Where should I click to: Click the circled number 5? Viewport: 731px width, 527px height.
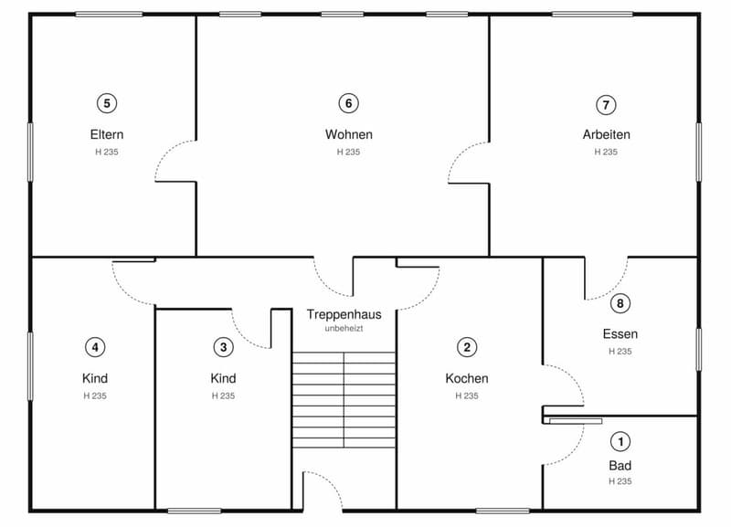pos(107,103)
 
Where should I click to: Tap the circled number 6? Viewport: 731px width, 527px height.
pos(348,103)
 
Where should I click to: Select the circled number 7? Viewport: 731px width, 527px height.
pos(606,105)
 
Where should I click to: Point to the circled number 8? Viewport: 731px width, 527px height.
pos(620,303)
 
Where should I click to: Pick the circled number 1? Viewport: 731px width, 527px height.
pos(620,441)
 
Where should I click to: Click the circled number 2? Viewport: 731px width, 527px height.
pos(467,347)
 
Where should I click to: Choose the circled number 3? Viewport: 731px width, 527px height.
pos(223,347)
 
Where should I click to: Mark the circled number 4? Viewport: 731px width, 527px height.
pos(95,347)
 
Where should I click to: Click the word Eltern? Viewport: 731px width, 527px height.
pos(107,134)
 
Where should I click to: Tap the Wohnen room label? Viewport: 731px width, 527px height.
pos(349,134)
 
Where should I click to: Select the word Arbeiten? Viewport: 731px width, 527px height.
pos(606,134)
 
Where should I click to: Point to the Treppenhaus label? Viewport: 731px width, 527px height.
pos(344,315)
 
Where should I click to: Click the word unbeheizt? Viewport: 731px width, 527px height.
pos(344,329)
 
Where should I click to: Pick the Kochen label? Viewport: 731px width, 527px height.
pos(467,378)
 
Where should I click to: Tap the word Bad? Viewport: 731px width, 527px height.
pos(620,466)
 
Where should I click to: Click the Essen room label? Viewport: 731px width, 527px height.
pos(620,334)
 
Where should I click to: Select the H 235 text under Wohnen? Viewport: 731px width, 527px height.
pos(349,152)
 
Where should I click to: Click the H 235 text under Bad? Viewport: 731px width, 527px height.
pos(620,481)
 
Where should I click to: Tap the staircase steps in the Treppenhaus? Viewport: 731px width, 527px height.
pos(344,400)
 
